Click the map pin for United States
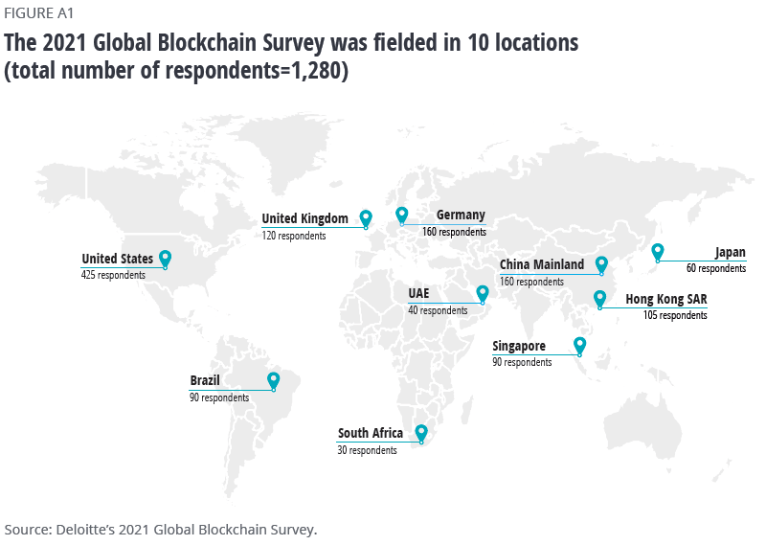click(x=165, y=259)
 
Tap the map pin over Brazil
click(x=274, y=381)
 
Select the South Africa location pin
click(x=420, y=434)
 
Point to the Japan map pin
click(x=658, y=252)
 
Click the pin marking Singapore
click(x=579, y=346)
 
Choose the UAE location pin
click(x=482, y=293)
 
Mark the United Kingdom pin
click(x=366, y=218)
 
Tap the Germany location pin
click(x=402, y=216)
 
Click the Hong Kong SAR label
click(x=666, y=300)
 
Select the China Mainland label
click(x=542, y=265)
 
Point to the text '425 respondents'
click(x=114, y=275)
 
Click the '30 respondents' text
click(x=367, y=450)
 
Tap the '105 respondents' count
click(x=675, y=315)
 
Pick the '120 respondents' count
click(x=294, y=235)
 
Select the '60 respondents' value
click(x=716, y=269)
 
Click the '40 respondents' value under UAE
click(x=439, y=310)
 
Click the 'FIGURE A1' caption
click(x=38, y=13)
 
